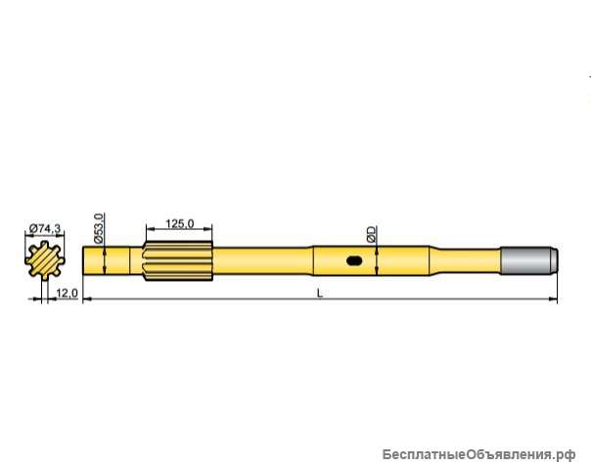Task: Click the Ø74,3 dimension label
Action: point(45,227)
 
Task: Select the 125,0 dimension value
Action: point(178,224)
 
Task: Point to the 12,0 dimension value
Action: point(68,293)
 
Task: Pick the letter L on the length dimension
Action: point(320,293)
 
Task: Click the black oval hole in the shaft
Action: point(354,261)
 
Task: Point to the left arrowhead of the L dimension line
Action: point(87,299)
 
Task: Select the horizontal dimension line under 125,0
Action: point(178,232)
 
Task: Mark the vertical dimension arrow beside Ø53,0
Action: point(104,261)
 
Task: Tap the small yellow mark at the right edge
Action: point(588,99)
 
